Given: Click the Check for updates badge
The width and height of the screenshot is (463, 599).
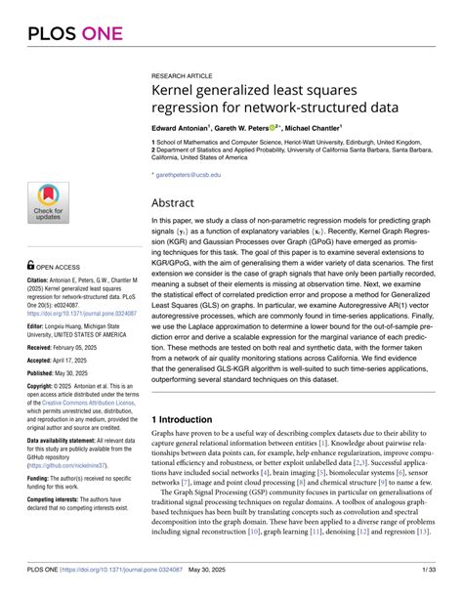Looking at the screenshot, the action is point(48,201).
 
